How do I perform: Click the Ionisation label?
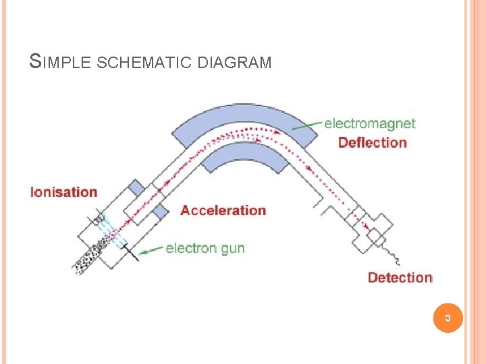(63, 192)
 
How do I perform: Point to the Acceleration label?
(223, 210)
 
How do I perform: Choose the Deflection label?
(372, 142)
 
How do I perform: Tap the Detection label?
(400, 277)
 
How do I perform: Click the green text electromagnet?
(369, 123)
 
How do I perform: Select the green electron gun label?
(205, 248)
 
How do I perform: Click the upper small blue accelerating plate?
(138, 188)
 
